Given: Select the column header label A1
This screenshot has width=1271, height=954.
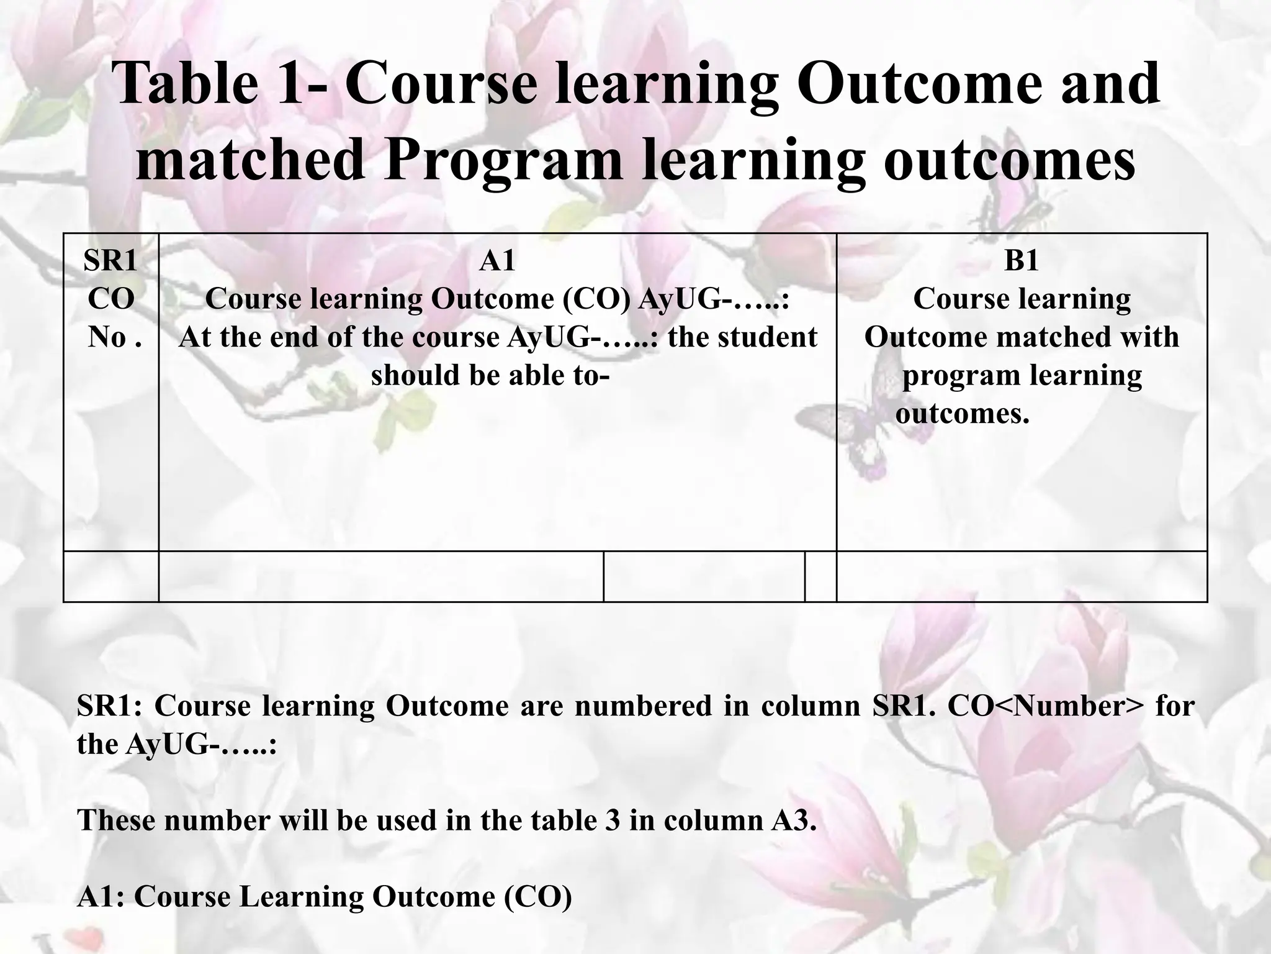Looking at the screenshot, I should (x=497, y=260).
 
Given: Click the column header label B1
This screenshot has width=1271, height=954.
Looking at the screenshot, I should (x=1021, y=260).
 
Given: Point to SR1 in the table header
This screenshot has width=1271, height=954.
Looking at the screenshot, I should (x=110, y=260).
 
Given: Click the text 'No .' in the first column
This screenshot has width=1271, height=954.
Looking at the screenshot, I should (x=115, y=337).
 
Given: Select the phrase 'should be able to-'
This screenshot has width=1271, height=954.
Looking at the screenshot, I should (x=490, y=375).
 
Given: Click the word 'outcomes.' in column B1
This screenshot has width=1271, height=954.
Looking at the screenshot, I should (x=962, y=414).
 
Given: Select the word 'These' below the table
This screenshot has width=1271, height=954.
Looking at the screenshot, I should (x=116, y=820).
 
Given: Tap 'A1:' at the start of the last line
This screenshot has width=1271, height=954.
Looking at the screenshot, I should (x=101, y=897).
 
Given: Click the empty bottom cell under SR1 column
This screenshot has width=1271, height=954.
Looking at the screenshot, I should (x=111, y=576).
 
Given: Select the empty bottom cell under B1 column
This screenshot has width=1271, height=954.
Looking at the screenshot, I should (x=1022, y=576).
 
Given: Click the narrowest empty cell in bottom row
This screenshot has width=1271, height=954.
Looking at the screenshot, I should (x=820, y=576).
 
